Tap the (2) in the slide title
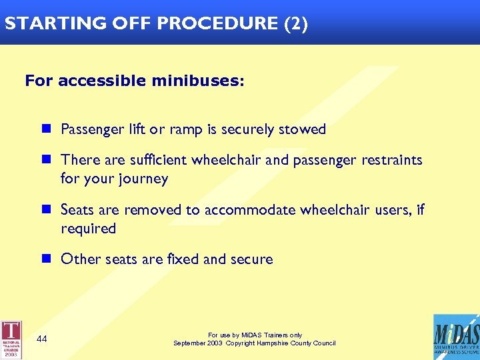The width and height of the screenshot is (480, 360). pyautogui.click(x=296, y=23)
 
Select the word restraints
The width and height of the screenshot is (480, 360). pyautogui.click(x=392, y=160)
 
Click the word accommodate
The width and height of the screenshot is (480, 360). pyautogui.click(x=249, y=210)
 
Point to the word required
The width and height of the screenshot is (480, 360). pyautogui.click(x=88, y=229)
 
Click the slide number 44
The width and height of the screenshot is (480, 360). pyautogui.click(x=42, y=339)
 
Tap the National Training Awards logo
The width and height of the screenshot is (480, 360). pyautogui.click(x=11, y=339)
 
